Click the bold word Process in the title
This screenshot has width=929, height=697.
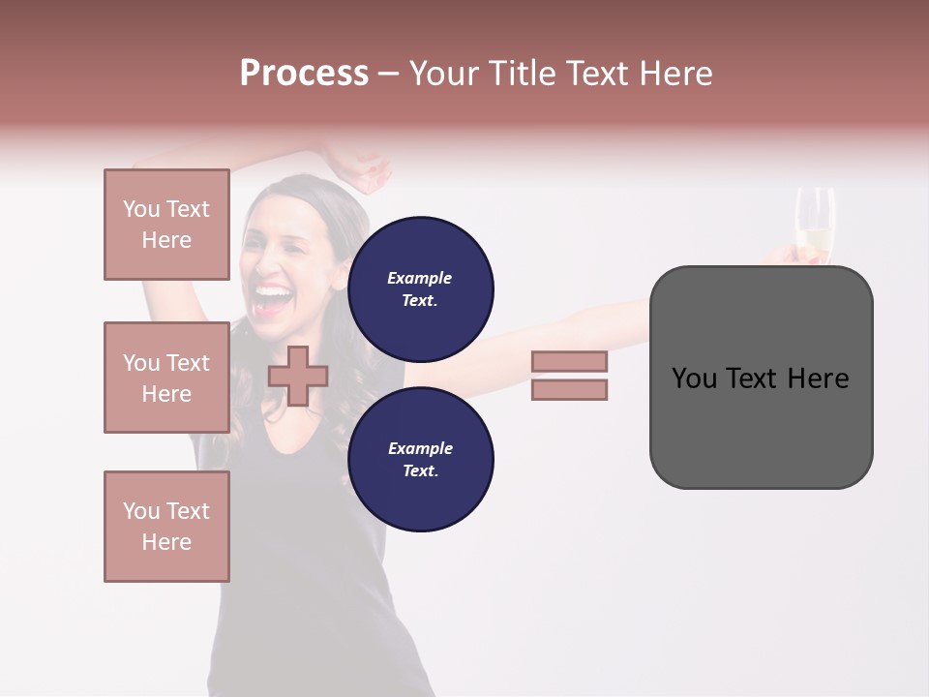(x=304, y=73)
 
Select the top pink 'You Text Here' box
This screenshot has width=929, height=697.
(x=166, y=225)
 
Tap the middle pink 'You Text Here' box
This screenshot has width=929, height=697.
(x=166, y=378)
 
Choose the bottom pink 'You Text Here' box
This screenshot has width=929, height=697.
(x=166, y=527)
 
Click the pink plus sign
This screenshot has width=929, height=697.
(x=298, y=376)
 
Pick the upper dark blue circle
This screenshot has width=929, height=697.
(x=420, y=288)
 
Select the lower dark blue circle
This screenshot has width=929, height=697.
(x=420, y=459)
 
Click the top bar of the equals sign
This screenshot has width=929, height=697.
(x=569, y=361)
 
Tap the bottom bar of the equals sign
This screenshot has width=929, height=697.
(x=569, y=389)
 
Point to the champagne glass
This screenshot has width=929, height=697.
(x=814, y=227)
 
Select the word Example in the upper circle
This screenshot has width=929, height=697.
(x=419, y=278)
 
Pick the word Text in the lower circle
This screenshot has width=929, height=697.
(x=419, y=470)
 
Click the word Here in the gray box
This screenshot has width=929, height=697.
(x=818, y=379)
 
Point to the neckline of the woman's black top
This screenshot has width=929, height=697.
(x=290, y=440)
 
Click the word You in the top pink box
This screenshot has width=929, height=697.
(x=141, y=209)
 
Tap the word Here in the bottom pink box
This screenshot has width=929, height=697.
(x=166, y=542)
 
